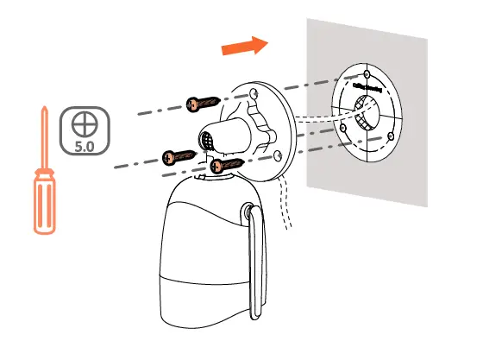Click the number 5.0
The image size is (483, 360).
click(x=84, y=147)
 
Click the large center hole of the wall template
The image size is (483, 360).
click(x=363, y=111)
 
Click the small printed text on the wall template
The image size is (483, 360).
click(x=370, y=87)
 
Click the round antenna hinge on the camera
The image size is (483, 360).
click(x=249, y=212)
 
